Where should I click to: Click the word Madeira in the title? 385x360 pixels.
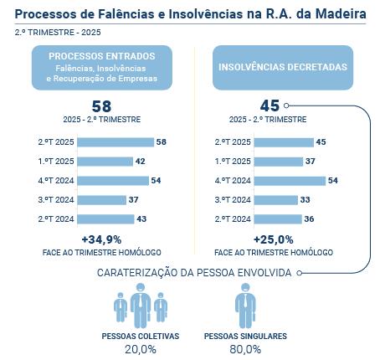coord(336,15)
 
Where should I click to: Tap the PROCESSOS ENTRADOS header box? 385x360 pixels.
coord(101,67)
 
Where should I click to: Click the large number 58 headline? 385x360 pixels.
coord(101,106)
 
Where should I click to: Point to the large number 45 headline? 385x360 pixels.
coord(269,106)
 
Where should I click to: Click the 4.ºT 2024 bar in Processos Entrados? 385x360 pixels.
coord(114,181)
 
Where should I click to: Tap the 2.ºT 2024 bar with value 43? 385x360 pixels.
coord(107,219)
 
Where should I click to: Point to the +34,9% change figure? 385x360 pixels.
coord(101,239)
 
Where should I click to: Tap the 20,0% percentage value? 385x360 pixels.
coord(141,349)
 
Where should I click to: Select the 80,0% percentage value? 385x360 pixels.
coord(245,349)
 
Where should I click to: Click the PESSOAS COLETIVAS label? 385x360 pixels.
coord(141,336)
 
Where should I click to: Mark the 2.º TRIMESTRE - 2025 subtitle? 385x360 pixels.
coord(49,32)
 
